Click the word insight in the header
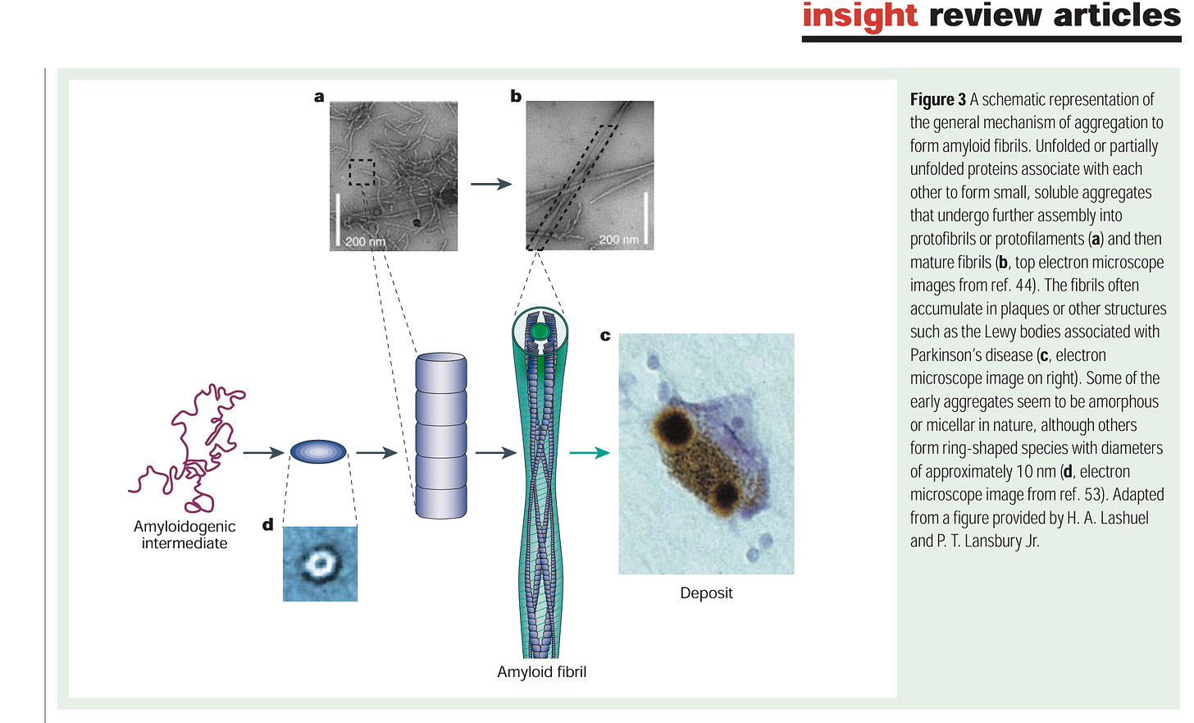(x=859, y=16)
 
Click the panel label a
(x=319, y=97)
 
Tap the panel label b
(x=516, y=96)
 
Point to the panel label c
(x=605, y=336)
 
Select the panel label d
(x=267, y=524)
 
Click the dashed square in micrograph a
(x=362, y=172)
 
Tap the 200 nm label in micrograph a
(x=365, y=241)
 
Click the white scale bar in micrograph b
(x=646, y=217)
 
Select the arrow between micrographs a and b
(x=491, y=184)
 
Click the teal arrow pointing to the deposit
(x=590, y=452)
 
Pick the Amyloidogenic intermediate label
(x=185, y=534)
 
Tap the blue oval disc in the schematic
(x=318, y=451)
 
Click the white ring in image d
(x=319, y=563)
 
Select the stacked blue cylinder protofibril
(x=441, y=436)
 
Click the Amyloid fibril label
(x=541, y=671)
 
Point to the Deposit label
(x=706, y=593)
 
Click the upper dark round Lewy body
(x=674, y=426)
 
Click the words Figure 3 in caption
(x=937, y=100)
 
